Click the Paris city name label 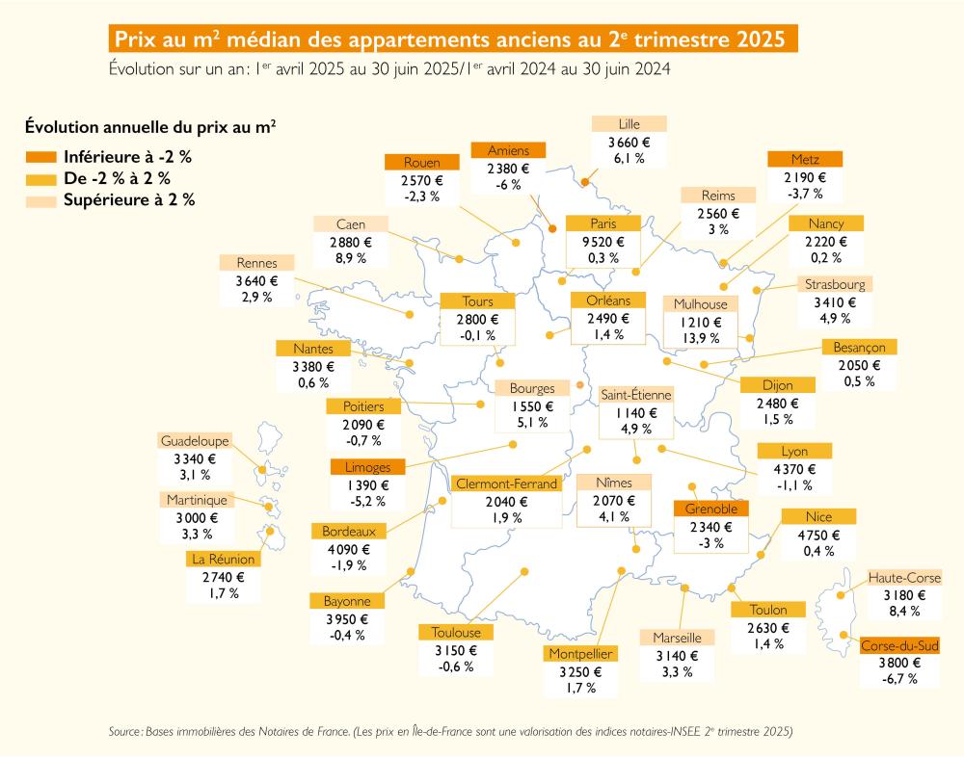pyautogui.click(x=602, y=223)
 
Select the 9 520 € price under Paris pyautogui.click(x=602, y=242)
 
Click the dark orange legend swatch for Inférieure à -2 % pyautogui.click(x=41, y=156)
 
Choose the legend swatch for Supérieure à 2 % pyautogui.click(x=41, y=200)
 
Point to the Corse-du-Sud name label pyautogui.click(x=899, y=645)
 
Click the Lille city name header pyautogui.click(x=629, y=124)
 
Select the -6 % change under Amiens pyautogui.click(x=508, y=185)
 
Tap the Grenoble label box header pyautogui.click(x=711, y=509)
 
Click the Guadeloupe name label pyautogui.click(x=195, y=440)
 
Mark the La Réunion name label pyautogui.click(x=224, y=559)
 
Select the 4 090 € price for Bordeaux pyautogui.click(x=347, y=548)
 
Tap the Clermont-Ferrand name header pyautogui.click(x=506, y=484)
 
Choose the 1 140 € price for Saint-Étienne pyautogui.click(x=635, y=413)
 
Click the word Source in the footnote pyautogui.click(x=125, y=732)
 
